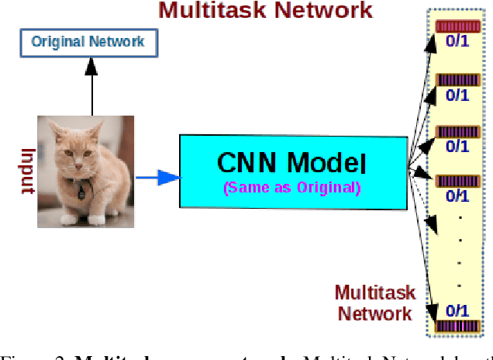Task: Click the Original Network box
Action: click(x=88, y=42)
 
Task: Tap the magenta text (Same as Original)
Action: click(x=291, y=188)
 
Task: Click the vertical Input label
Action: click(x=27, y=171)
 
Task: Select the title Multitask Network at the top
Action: click(x=265, y=11)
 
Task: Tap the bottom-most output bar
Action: click(x=457, y=327)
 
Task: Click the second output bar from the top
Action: click(x=457, y=79)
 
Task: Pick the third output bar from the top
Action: click(x=457, y=130)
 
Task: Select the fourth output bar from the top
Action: click(x=457, y=181)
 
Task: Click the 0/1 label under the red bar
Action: click(x=457, y=43)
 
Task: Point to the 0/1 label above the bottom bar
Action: click(x=457, y=311)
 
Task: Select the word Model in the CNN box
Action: click(x=326, y=163)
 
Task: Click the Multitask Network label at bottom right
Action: click(x=374, y=303)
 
